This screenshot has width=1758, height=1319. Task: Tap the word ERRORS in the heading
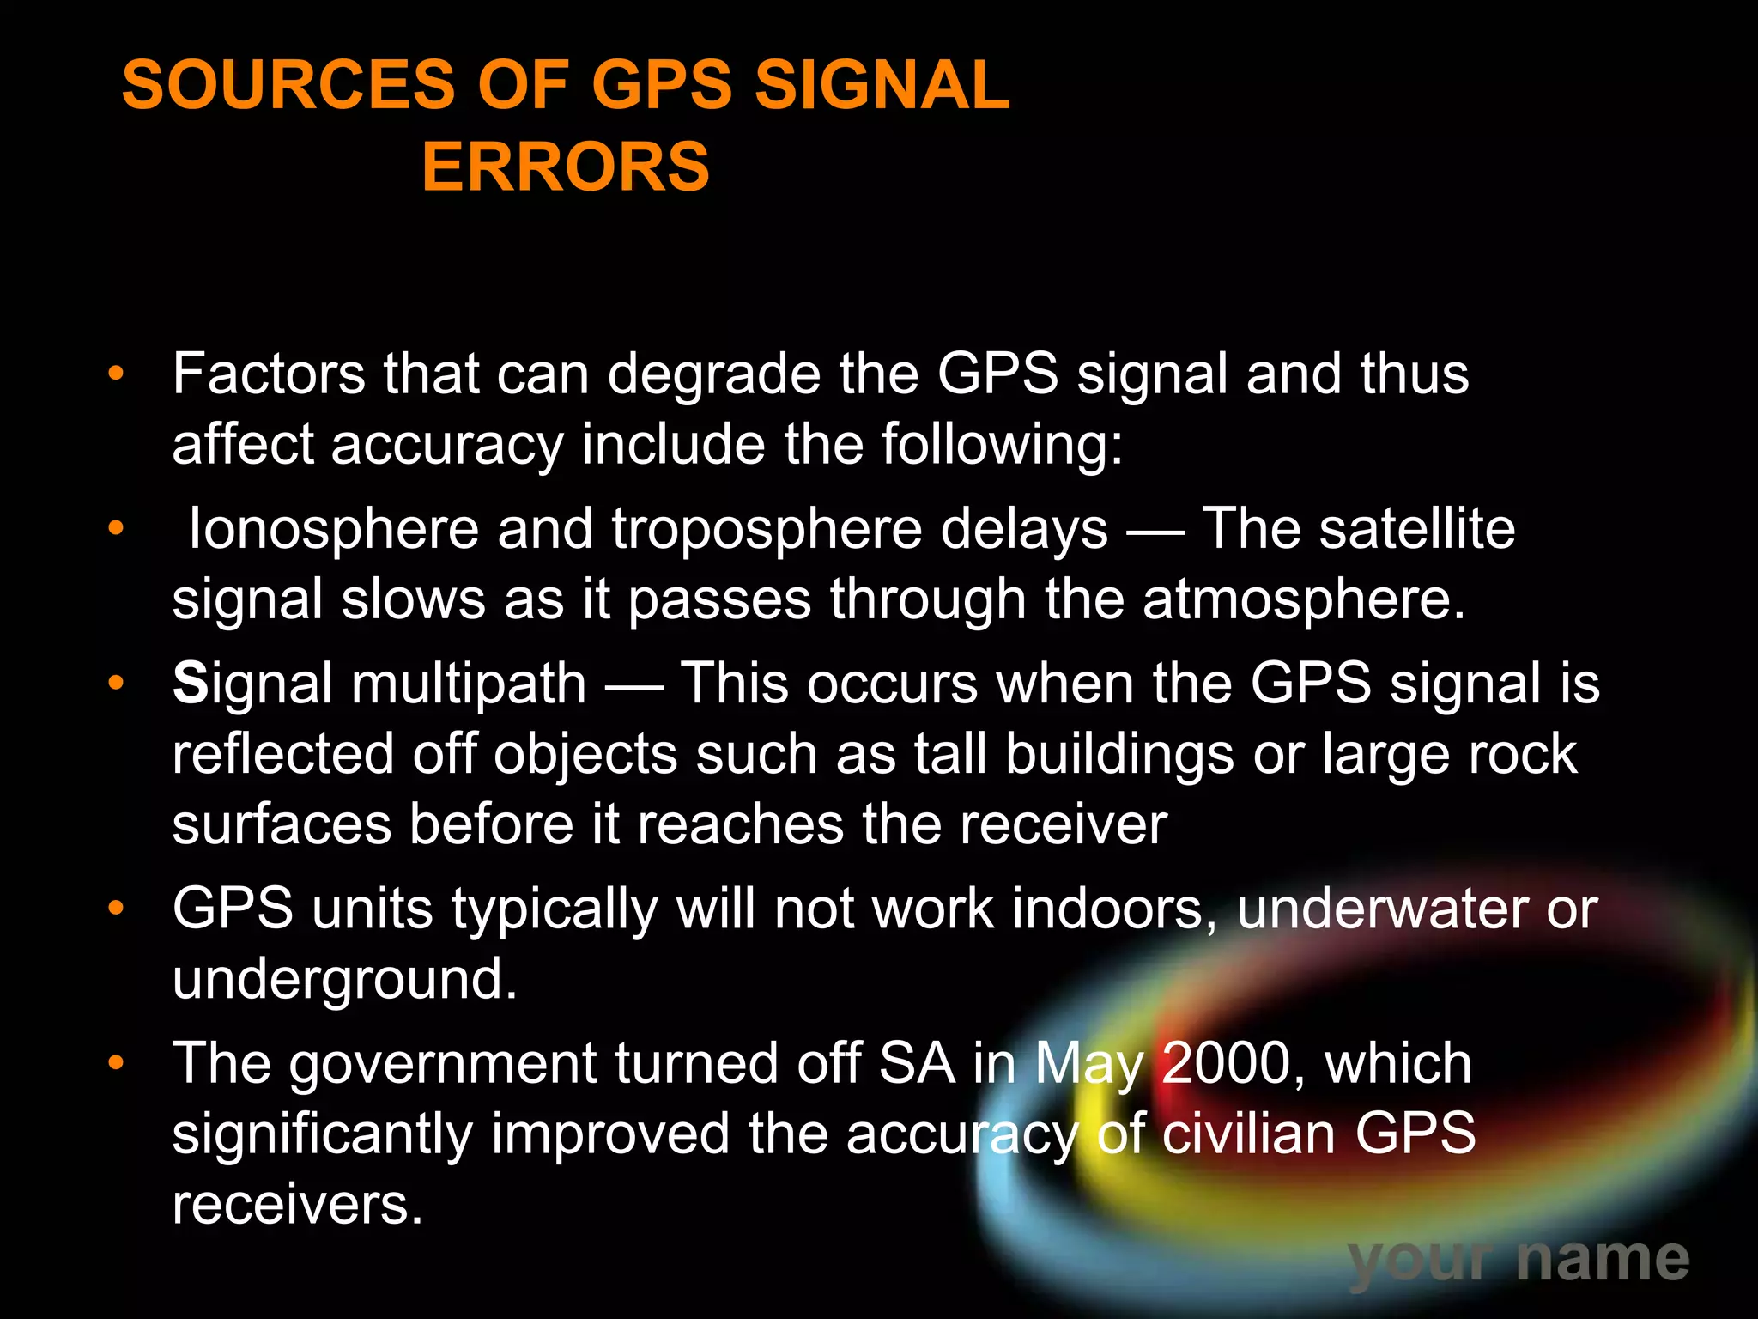[566, 167]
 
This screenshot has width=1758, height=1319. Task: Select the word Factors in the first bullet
[268, 374]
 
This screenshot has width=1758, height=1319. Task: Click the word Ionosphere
[333, 528]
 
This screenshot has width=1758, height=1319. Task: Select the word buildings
[1119, 756]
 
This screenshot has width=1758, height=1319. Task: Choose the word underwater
[1382, 909]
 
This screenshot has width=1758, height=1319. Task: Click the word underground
[344, 980]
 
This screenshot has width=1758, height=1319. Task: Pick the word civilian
[1249, 1134]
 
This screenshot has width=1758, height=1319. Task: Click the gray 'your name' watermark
[1519, 1260]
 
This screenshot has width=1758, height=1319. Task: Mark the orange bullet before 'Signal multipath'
[116, 684]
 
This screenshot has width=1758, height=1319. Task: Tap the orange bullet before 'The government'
[116, 1064]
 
